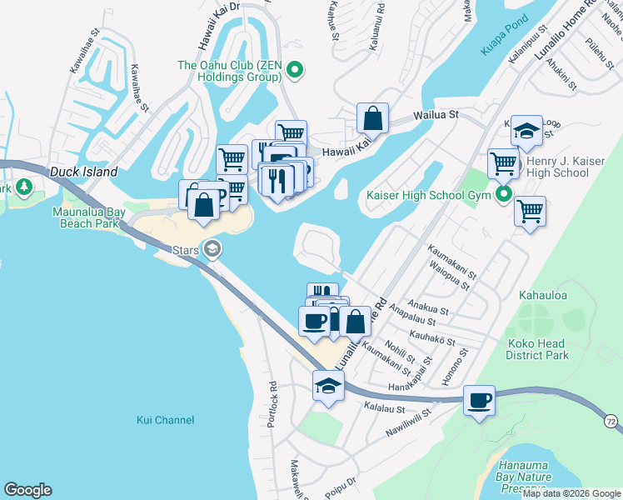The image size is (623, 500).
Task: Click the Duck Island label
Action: pos(82,172)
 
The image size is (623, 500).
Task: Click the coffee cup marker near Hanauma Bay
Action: pos(479,400)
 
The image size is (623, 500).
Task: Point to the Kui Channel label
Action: pos(165,420)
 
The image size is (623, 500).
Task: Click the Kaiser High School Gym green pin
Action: pos(504,196)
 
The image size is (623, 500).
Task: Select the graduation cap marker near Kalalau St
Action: pos(328,386)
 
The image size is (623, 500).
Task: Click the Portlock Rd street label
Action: pos(272,400)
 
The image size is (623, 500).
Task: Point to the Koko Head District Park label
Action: pos(537,349)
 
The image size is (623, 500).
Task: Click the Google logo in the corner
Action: pos(27,490)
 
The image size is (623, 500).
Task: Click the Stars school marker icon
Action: pos(213,248)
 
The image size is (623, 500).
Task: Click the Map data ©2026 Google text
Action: pos(571,494)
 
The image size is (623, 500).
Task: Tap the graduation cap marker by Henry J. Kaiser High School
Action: pos(526,130)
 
